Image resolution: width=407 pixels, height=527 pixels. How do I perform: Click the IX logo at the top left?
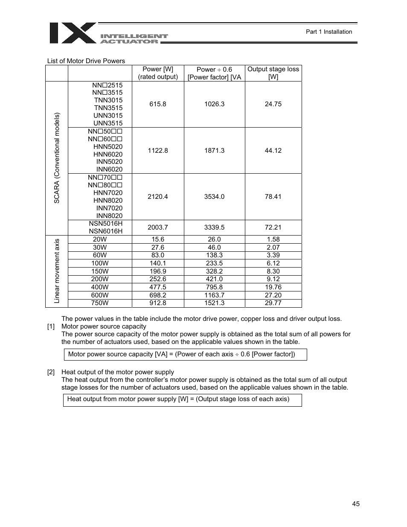pos(73,33)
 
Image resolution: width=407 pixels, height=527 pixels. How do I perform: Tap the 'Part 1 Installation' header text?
pos(329,32)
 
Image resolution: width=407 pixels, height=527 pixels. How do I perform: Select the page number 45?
pos(356,504)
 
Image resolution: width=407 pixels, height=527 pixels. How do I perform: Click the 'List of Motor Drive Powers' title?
pos(86,61)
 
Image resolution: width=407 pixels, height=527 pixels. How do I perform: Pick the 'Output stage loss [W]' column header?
pos(273,73)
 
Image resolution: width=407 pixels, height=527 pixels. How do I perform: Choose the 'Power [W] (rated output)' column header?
pos(158,73)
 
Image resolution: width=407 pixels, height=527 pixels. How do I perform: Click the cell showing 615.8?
pos(158,104)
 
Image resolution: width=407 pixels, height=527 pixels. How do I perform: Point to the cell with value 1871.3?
pos(214,151)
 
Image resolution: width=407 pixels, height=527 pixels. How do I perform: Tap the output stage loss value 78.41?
pos(273,197)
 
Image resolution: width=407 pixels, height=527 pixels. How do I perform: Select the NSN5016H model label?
pos(105,224)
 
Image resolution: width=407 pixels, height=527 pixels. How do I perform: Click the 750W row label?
pos(100,303)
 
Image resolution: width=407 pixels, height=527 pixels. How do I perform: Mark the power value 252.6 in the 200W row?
pos(158,279)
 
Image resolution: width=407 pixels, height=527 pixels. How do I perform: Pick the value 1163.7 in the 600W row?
pos(214,295)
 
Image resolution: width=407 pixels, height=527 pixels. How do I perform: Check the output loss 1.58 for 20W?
pos(273,239)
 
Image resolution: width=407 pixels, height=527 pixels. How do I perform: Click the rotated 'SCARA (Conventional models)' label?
pos(57,158)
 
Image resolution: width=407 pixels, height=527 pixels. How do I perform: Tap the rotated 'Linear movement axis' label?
pos(57,271)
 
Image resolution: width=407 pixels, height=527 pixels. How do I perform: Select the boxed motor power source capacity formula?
pos(185,354)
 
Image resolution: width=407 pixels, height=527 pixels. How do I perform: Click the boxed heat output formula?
pos(182,399)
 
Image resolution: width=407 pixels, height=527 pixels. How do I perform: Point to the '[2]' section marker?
pos(51,372)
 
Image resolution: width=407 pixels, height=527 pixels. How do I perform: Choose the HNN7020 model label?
pos(108,193)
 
